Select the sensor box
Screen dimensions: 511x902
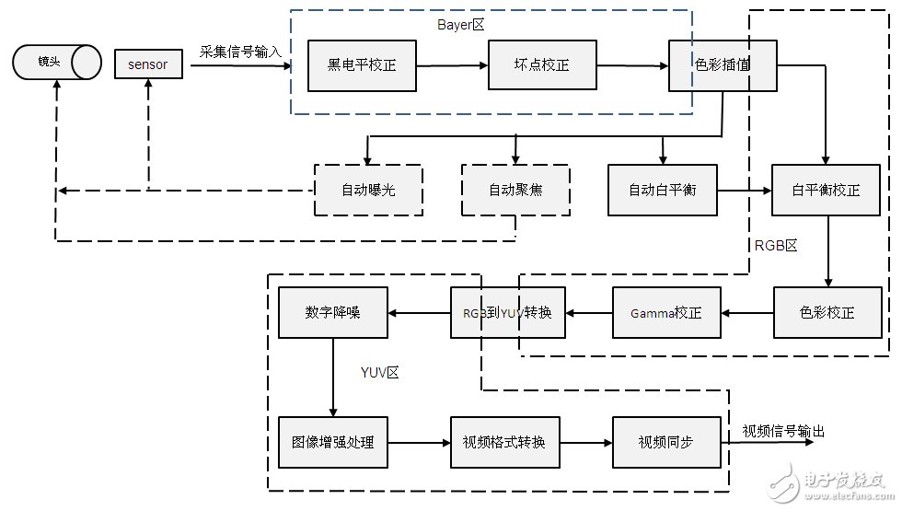pos(148,64)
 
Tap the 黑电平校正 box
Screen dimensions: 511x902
pos(362,65)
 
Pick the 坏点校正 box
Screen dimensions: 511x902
pos(542,65)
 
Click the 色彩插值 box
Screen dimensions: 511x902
pos(723,65)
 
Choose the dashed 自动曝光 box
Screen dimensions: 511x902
pos(368,191)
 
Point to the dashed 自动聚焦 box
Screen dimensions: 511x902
pos(515,191)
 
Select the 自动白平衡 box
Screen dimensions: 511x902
pos(662,191)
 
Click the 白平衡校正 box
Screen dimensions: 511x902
pos(827,191)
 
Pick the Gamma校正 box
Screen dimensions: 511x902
pos(666,313)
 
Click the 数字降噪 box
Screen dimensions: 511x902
pos(333,313)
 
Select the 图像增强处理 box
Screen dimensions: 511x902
pos(333,442)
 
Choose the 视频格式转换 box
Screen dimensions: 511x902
pos(504,442)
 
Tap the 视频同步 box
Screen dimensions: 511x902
pos(666,442)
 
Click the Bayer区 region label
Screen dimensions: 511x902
pos(460,25)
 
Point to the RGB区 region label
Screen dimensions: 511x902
pos(775,246)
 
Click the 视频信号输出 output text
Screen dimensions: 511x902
pos(783,431)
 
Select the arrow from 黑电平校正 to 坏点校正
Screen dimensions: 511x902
pos(452,65)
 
